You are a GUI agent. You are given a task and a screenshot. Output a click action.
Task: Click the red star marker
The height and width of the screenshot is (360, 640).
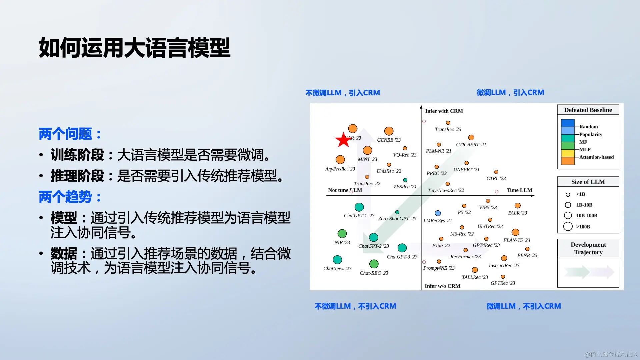pos(343,140)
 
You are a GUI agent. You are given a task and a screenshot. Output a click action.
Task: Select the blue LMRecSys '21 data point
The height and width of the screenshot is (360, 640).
pos(438,213)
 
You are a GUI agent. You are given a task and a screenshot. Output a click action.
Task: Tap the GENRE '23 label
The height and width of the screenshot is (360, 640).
pos(389,140)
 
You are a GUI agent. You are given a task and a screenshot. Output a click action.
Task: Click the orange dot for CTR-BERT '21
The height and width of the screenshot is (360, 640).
pos(471,137)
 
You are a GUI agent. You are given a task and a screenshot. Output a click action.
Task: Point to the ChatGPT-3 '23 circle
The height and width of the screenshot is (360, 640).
pos(402,248)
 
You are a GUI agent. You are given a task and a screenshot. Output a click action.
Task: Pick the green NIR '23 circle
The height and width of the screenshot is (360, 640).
pos(342,233)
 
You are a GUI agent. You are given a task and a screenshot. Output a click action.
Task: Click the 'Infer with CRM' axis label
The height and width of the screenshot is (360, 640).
pos(444,111)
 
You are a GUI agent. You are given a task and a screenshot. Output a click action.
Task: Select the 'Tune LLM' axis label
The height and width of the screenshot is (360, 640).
pos(519,190)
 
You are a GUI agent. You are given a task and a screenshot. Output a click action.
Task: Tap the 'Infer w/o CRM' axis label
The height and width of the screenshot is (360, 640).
pos(442,286)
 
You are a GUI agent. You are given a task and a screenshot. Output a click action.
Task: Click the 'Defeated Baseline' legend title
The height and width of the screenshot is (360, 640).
pos(588,110)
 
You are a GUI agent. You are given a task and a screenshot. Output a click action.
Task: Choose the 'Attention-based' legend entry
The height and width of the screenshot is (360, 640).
pos(596,157)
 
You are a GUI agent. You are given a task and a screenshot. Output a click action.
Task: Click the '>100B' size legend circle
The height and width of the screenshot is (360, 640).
pos(568,227)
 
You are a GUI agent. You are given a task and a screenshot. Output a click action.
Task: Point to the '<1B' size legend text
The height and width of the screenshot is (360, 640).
pos(580,194)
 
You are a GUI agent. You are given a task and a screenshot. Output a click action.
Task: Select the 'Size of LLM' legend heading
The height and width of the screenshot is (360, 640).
pos(588,182)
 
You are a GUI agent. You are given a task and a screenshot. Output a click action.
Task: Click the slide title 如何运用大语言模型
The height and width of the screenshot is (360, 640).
pos(134,48)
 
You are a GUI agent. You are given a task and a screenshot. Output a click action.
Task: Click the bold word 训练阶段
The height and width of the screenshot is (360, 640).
pos(77,155)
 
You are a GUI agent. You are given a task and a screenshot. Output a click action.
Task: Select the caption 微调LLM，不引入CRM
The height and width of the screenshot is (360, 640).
pos(523,306)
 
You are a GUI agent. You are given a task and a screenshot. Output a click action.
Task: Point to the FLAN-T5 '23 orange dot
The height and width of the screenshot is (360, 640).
pos(515,232)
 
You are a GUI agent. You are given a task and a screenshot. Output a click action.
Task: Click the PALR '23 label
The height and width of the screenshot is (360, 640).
pos(517,213)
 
